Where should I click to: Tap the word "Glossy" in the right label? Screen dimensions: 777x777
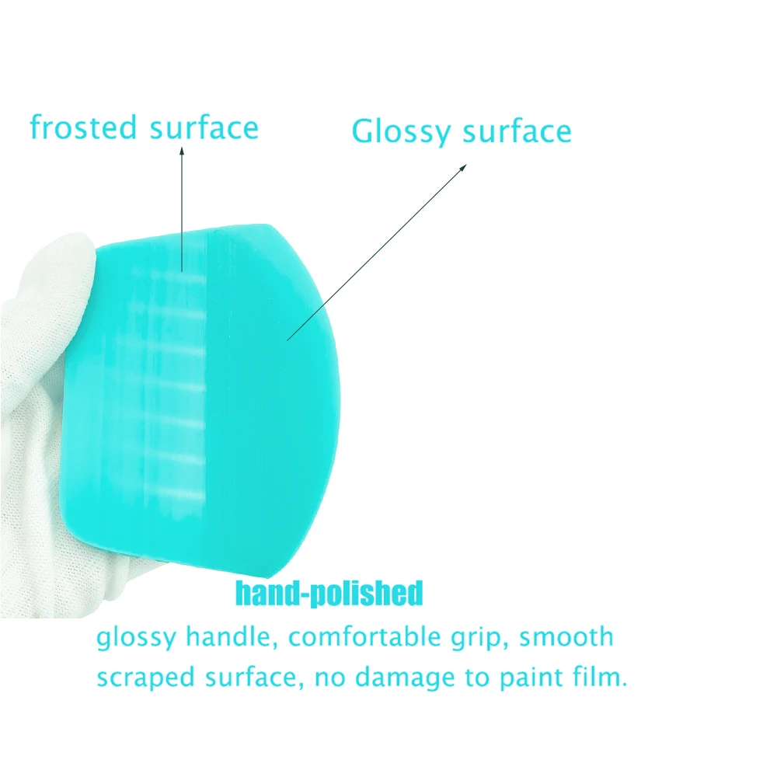(x=401, y=133)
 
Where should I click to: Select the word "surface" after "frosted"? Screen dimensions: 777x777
(x=204, y=128)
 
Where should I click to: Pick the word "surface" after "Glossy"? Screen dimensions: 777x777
(x=517, y=131)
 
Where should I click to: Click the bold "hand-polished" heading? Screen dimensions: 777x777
(x=329, y=593)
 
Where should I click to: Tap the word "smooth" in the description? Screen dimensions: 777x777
(x=566, y=636)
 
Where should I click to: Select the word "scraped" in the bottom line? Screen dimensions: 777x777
(x=146, y=678)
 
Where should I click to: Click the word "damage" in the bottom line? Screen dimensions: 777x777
(x=405, y=678)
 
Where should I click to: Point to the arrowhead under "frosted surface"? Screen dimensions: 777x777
(x=182, y=151)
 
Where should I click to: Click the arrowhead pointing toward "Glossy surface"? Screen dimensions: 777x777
(x=463, y=168)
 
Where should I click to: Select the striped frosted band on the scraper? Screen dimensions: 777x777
(x=173, y=386)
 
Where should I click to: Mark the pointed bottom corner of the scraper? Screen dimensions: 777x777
(x=268, y=577)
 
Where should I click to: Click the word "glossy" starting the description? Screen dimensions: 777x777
(x=136, y=638)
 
